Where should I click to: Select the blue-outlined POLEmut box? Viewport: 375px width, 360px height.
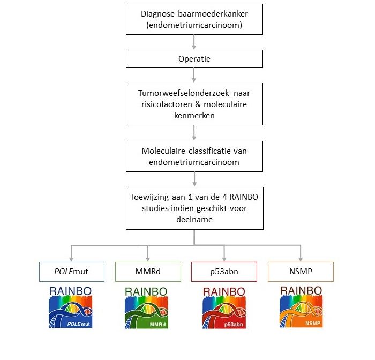[71, 272]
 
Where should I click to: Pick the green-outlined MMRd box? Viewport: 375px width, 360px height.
[147, 272]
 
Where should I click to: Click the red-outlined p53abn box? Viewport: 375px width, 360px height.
[224, 272]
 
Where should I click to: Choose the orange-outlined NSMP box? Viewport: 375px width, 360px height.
[301, 272]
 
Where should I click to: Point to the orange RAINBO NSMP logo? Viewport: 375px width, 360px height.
[301, 306]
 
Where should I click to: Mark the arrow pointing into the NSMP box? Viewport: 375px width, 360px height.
[301, 252]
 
